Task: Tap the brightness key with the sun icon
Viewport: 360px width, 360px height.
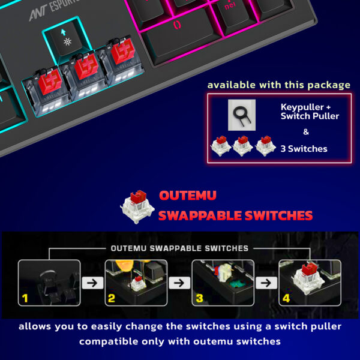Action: click(65, 38)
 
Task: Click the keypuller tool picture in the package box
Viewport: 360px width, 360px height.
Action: click(242, 115)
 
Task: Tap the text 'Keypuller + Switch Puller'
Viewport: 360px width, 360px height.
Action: click(310, 111)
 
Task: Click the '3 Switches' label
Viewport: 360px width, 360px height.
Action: click(304, 148)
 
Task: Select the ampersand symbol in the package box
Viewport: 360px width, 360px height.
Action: click(306, 132)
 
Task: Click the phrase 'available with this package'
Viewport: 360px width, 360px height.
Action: click(279, 85)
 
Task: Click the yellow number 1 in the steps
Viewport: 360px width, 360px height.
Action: click(25, 296)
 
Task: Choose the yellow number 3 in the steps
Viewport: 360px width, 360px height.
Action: click(199, 296)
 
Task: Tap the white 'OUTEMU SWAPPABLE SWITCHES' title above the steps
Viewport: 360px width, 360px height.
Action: click(179, 248)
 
